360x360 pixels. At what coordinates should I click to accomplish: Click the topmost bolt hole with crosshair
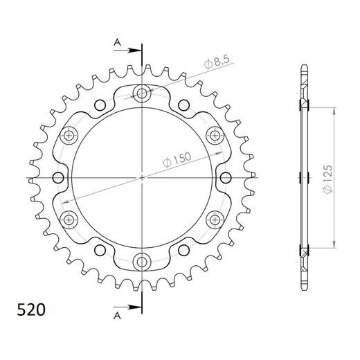point(143,93)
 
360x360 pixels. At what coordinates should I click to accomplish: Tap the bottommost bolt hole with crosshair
point(143,262)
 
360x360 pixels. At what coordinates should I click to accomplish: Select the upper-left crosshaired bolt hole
point(69,136)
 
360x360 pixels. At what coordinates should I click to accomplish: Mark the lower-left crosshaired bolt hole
point(69,219)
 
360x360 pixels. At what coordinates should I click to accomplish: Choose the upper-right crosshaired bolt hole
point(215,136)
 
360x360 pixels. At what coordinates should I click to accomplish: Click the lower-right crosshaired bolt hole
point(215,219)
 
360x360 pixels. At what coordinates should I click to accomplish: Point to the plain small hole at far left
point(58,178)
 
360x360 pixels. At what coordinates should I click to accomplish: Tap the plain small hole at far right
point(226,178)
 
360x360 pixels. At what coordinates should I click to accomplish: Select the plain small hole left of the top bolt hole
point(100,105)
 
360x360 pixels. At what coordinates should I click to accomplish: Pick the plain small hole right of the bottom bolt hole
point(185,250)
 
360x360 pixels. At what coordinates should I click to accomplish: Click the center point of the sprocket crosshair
point(143,178)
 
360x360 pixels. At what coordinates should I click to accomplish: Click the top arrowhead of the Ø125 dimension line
point(334,109)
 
